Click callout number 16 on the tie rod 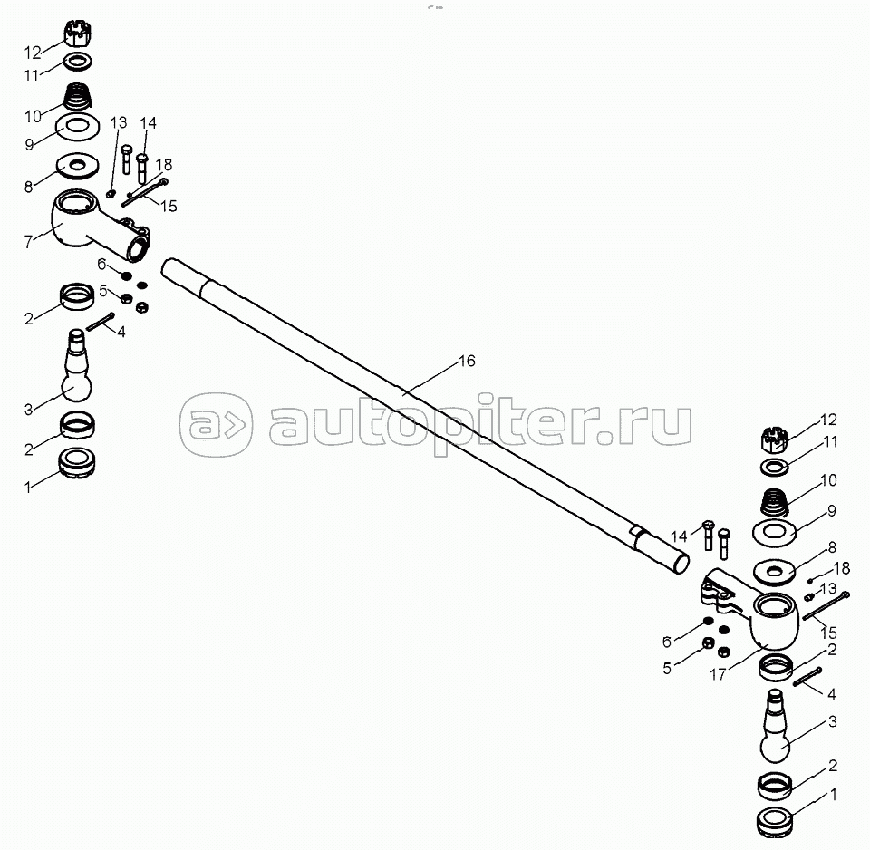pos(467,362)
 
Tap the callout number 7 pos(29,241)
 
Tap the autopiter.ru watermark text pos(480,424)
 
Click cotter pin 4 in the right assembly pos(807,677)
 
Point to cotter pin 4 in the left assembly pos(101,323)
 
